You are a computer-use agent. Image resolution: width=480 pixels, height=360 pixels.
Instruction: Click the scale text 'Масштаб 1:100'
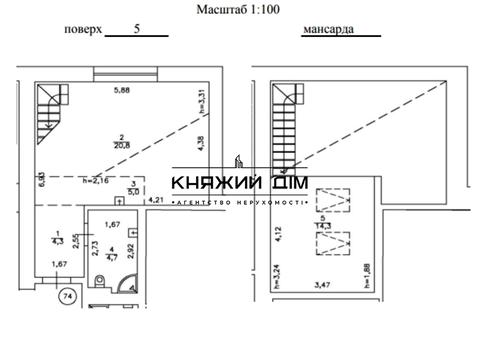(x=240, y=8)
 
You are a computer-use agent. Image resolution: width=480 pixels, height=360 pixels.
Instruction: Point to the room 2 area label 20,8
(x=121, y=144)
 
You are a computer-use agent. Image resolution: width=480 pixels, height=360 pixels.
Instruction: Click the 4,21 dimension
(x=156, y=200)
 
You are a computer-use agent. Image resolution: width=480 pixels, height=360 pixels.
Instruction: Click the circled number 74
(x=67, y=296)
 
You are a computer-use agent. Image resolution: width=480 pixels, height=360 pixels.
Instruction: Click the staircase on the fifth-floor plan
(x=45, y=109)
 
